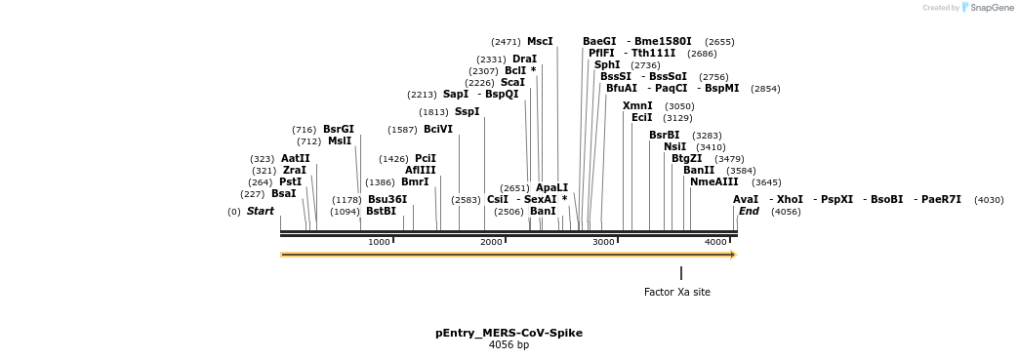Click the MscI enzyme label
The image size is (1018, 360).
pyautogui.click(x=540, y=42)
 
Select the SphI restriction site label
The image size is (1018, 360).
pyautogui.click(x=607, y=64)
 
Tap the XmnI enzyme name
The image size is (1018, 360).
pyautogui.click(x=637, y=105)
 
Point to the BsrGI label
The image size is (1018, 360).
pyautogui.click(x=339, y=129)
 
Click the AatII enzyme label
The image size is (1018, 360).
pyautogui.click(x=296, y=158)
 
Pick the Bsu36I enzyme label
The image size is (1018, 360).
pyautogui.click(x=387, y=199)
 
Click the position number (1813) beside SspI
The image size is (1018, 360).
pyautogui.click(x=433, y=112)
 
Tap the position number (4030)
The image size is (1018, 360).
pyautogui.click(x=989, y=200)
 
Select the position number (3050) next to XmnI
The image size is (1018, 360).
pyautogui.click(x=679, y=106)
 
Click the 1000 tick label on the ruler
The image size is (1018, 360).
pyautogui.click(x=379, y=242)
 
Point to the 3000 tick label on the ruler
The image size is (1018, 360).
pyautogui.click(x=604, y=242)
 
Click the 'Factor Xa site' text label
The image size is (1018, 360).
pyautogui.click(x=677, y=292)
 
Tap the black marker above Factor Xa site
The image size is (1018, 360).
pyautogui.click(x=681, y=273)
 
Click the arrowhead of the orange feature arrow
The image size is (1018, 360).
pyautogui.click(x=734, y=255)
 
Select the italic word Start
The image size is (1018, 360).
pyautogui.click(x=261, y=211)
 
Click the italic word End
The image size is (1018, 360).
pyautogui.click(x=749, y=211)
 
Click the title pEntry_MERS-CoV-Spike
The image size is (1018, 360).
pyautogui.click(x=509, y=333)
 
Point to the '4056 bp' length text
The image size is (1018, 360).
pyautogui.click(x=509, y=345)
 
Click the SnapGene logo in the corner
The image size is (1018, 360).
pyautogui.click(x=987, y=7)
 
